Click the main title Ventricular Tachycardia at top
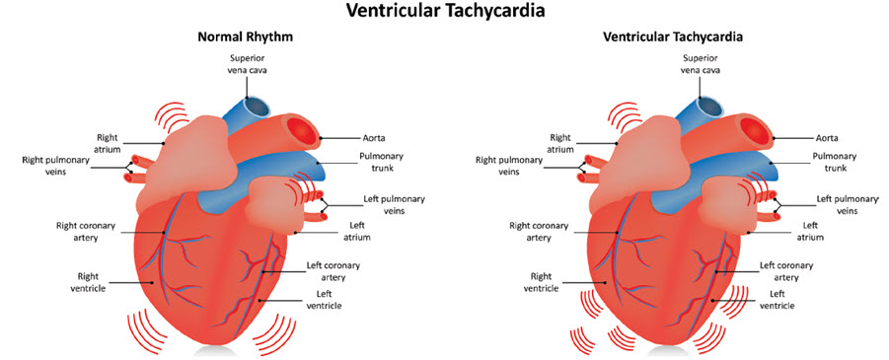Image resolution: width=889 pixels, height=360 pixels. click(x=443, y=12)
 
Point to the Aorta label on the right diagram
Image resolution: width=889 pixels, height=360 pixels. click(x=827, y=138)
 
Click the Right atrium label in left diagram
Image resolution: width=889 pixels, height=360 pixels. click(x=107, y=143)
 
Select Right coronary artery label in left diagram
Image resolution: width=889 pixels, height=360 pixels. click(x=86, y=231)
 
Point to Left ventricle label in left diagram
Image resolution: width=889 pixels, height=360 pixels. click(x=330, y=299)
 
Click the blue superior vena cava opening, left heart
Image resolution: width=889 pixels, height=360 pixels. click(x=256, y=107)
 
